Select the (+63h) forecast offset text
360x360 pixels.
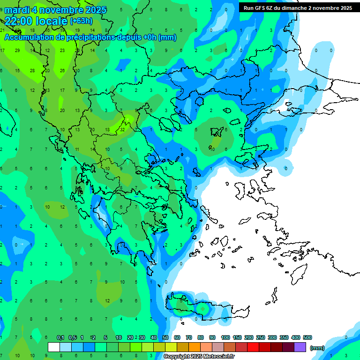[81, 21]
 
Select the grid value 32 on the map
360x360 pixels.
[122, 129]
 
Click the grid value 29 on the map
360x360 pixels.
[17, 51]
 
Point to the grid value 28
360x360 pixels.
[32, 70]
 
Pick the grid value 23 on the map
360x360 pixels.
[62, 51]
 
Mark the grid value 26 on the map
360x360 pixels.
[62, 70]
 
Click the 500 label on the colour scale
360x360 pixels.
[307, 337]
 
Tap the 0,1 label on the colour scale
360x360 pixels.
[60, 337]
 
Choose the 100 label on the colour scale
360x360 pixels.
[225, 337]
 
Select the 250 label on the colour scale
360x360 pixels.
[260, 337]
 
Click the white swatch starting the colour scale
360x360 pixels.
[54, 347]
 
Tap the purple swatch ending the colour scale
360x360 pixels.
[300, 347]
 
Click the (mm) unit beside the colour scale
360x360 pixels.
[317, 348]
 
